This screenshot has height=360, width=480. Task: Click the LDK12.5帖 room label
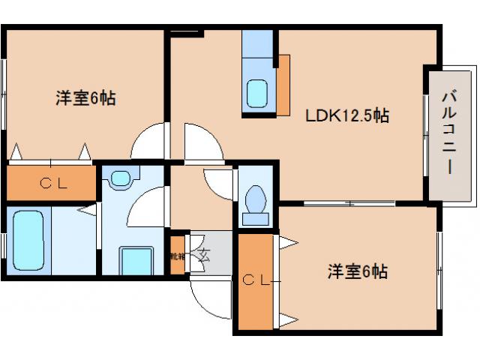pos(346,116)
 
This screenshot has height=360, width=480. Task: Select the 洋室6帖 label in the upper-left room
pos(85,98)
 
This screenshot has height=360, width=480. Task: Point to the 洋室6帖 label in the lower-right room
pos(357,271)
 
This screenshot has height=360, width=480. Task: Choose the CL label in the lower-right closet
pos(256,280)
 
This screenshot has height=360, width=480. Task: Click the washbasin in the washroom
pos(119,178)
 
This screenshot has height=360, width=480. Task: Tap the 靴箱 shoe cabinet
pos(177,256)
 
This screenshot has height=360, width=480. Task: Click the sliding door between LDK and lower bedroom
pos(349,203)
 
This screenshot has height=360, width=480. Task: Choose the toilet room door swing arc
pos(218,182)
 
